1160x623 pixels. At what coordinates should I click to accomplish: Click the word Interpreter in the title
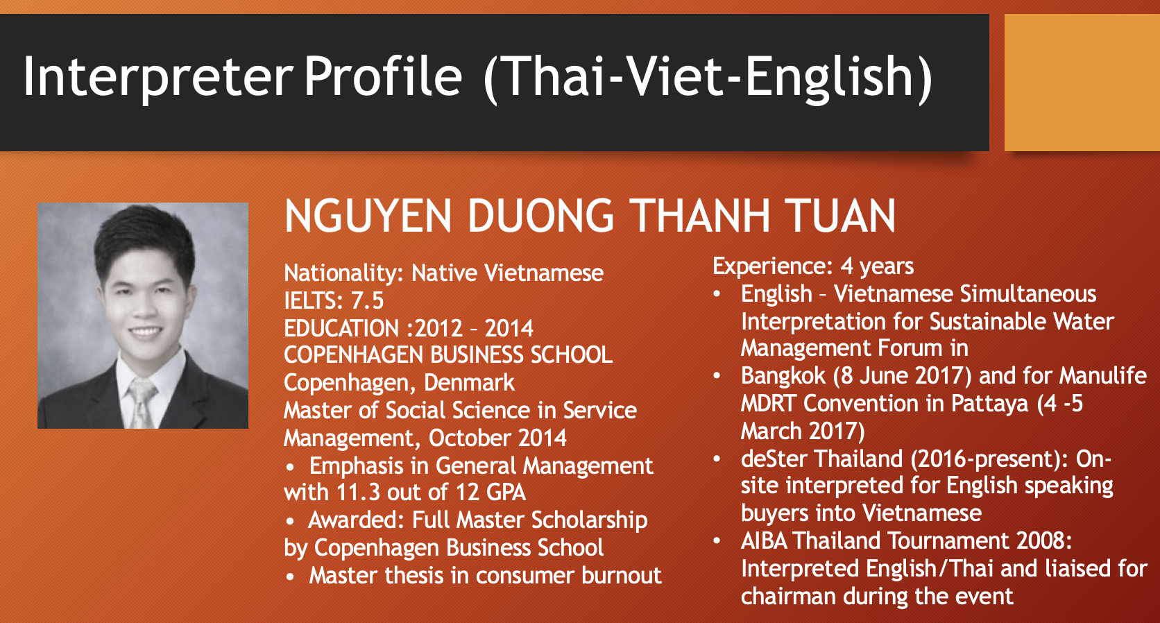158,76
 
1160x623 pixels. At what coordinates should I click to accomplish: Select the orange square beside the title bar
1082,83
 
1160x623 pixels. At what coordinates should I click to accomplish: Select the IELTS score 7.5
368,301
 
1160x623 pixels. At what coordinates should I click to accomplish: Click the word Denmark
469,383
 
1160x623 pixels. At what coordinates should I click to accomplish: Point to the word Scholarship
589,521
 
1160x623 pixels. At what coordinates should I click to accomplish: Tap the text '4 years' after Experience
877,266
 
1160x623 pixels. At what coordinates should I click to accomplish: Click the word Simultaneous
1028,294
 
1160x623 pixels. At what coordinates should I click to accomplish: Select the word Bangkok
783,376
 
